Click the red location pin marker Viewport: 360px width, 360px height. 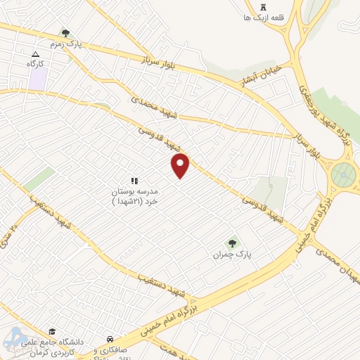[181, 166]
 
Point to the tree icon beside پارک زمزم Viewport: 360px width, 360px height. [65, 33]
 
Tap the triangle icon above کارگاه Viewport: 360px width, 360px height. [35, 53]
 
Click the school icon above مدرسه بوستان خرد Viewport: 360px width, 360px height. [135, 181]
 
